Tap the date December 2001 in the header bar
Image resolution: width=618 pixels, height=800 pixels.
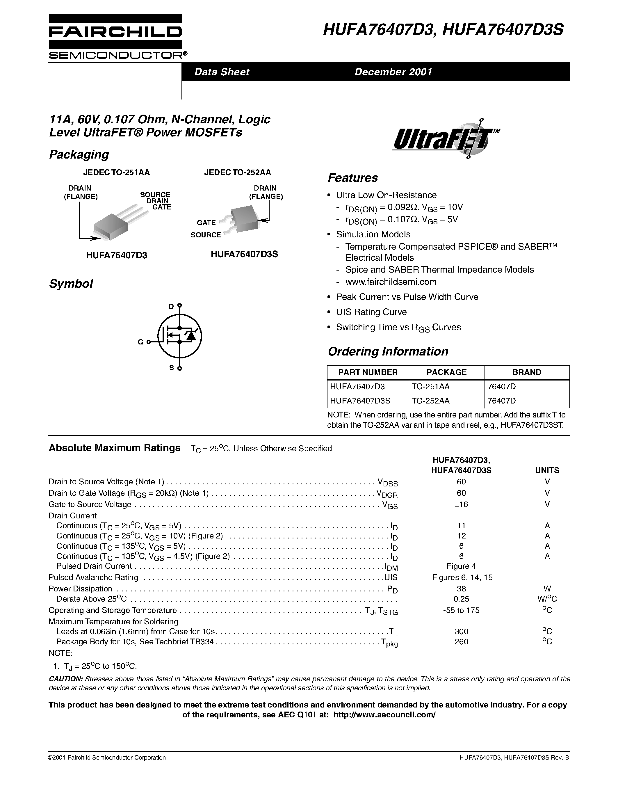(x=393, y=72)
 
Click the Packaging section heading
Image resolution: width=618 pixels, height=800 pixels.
(x=79, y=154)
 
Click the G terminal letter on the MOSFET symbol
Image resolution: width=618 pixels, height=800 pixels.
(x=140, y=342)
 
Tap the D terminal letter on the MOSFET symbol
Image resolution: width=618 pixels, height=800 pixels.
(x=171, y=306)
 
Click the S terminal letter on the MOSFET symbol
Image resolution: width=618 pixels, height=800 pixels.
(x=171, y=367)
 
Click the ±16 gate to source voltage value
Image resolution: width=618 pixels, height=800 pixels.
(x=461, y=504)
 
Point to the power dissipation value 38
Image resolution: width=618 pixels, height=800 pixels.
(x=461, y=589)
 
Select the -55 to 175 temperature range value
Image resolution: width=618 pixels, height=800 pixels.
(x=461, y=610)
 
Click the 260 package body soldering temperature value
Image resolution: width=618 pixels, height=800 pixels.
(x=461, y=641)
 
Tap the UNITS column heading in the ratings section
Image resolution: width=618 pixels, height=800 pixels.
(x=547, y=470)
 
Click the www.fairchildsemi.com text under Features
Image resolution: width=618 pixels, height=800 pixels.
(x=391, y=282)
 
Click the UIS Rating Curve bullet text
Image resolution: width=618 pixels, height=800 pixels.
(x=371, y=312)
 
